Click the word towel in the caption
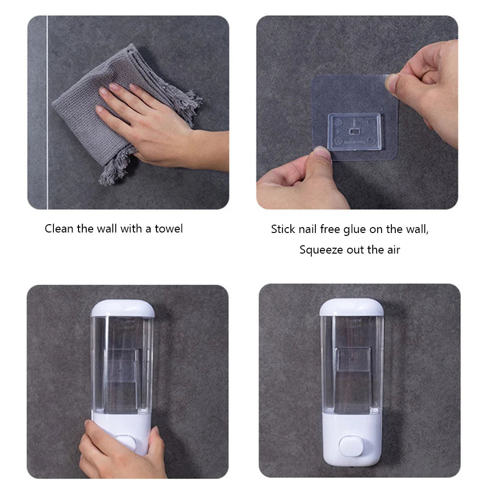pyautogui.click(x=169, y=229)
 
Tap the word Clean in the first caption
pyautogui.click(x=59, y=229)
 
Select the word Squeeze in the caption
pyautogui.click(x=320, y=250)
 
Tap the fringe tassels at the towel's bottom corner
pyautogui.click(x=114, y=167)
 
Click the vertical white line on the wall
pyautogui.click(x=47, y=113)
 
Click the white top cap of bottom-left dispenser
pyautogui.click(x=123, y=308)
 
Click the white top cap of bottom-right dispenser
pyautogui.click(x=352, y=307)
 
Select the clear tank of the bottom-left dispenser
pyautogui.click(x=123, y=363)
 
